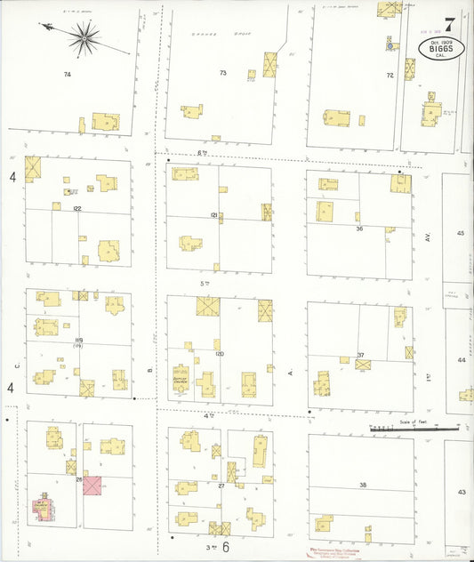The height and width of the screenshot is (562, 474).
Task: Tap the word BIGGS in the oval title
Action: (441, 49)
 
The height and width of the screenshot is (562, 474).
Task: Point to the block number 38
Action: (363, 485)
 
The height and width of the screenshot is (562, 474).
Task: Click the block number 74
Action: (67, 75)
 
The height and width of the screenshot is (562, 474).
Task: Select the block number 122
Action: (77, 208)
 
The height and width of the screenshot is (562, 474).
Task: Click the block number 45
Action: (461, 233)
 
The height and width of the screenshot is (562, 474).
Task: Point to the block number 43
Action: (461, 492)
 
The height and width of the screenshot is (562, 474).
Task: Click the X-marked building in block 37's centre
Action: (363, 365)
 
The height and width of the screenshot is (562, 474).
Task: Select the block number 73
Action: (223, 72)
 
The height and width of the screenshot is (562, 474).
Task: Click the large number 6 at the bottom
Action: (226, 547)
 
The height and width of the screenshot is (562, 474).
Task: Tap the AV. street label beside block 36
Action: (428, 237)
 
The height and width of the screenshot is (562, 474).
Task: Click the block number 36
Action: (359, 229)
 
